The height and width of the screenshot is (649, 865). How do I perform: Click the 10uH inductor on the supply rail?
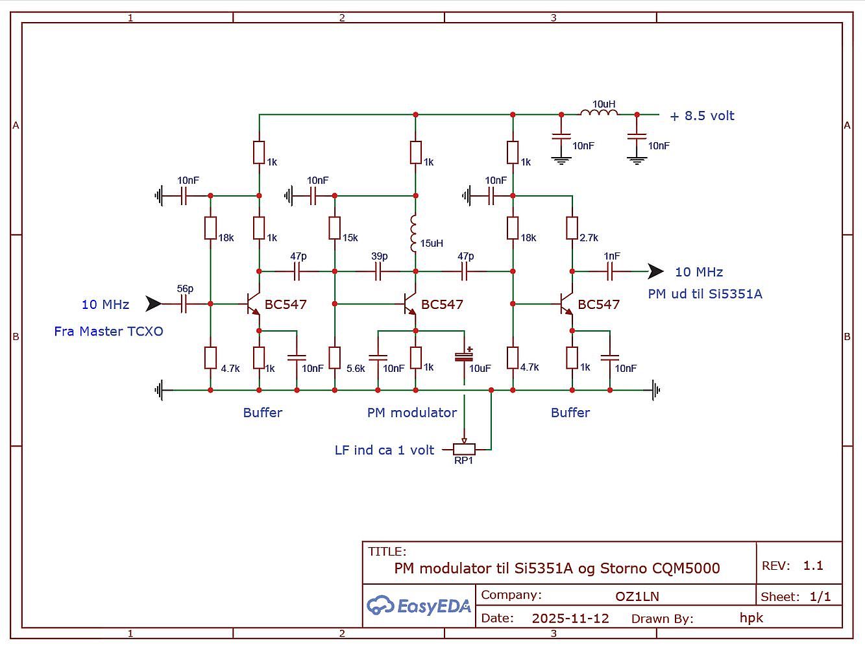point(599,113)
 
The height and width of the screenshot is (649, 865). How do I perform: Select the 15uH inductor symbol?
point(413,233)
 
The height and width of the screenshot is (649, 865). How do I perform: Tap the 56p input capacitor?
point(184,304)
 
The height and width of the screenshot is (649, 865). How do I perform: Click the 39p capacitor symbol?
point(378,271)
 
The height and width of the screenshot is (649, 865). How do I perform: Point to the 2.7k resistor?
point(572,228)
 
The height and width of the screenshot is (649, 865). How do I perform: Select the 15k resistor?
point(335,228)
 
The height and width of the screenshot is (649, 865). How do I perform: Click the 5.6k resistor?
point(335,358)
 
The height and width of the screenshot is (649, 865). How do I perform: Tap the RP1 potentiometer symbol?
point(464,448)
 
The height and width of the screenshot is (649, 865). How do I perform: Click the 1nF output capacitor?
point(610,271)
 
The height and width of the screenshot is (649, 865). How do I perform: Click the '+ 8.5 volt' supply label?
point(702,116)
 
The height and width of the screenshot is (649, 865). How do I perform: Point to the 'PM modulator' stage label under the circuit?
point(412,413)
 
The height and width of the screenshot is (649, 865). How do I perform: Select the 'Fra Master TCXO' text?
point(108,332)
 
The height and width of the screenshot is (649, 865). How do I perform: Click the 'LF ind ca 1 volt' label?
point(384,450)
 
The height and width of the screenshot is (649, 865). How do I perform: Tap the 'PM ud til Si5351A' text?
point(705,294)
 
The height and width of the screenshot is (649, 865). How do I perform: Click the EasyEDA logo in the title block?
point(419,606)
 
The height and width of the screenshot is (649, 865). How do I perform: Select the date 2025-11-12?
point(570,618)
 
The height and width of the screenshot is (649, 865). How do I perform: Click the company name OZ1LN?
point(637,596)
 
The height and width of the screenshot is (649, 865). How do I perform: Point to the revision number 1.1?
point(813,566)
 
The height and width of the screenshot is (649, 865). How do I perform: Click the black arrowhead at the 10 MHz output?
point(656,271)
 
